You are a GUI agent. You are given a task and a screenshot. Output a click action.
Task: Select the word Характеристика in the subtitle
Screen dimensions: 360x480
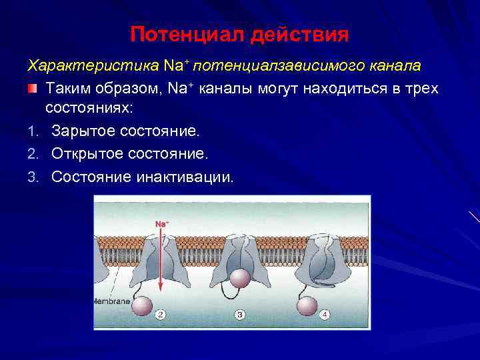point(92,66)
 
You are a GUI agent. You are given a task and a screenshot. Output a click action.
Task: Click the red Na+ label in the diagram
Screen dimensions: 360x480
point(161,224)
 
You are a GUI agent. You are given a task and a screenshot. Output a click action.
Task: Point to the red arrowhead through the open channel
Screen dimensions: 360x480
point(161,287)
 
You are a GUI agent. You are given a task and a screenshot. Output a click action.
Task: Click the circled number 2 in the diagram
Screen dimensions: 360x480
point(160,313)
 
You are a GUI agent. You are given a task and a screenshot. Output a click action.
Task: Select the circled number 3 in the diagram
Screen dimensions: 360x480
point(239,313)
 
